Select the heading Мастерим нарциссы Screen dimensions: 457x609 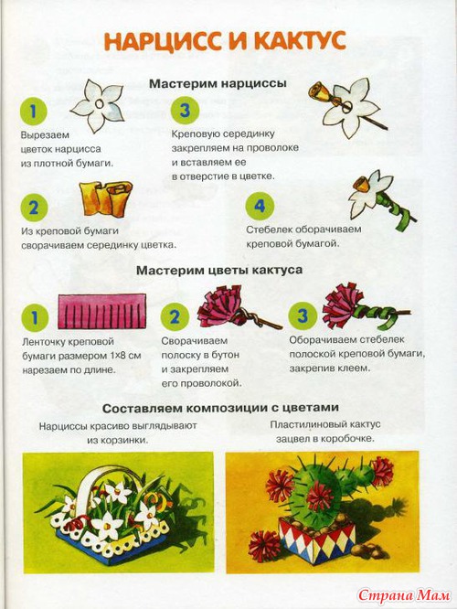point(218,83)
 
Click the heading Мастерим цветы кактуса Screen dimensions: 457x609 point(219,270)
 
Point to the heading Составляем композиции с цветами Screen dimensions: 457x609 point(220,408)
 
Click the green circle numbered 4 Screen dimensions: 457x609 point(260,206)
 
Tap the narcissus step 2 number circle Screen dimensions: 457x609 point(34,208)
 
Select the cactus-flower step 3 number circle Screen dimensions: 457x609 point(303,315)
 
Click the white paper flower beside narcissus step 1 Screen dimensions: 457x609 point(97,105)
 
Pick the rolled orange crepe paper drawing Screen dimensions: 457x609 point(105,198)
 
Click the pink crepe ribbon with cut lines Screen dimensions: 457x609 point(102,311)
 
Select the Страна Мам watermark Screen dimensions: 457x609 point(404,594)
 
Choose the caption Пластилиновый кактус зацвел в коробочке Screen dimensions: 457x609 point(325,432)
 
